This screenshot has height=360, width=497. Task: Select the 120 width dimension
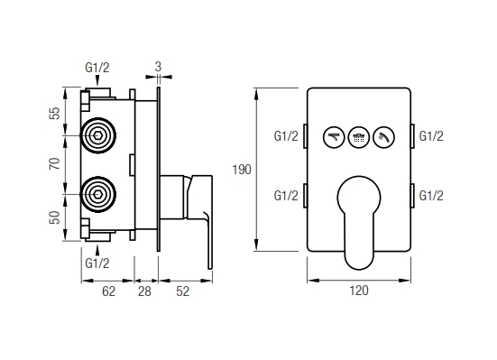[358, 290]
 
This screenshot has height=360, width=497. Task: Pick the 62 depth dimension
[107, 290]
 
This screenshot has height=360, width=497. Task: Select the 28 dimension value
[144, 290]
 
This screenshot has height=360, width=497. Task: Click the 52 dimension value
[182, 290]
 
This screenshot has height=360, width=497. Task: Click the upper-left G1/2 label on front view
[287, 136]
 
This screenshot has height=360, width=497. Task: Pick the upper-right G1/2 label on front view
[430, 136]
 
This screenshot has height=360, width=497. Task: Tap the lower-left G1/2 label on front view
[287, 194]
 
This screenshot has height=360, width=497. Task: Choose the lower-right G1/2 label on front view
[430, 194]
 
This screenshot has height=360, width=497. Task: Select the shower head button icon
[358, 137]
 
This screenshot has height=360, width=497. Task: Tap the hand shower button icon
[382, 137]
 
